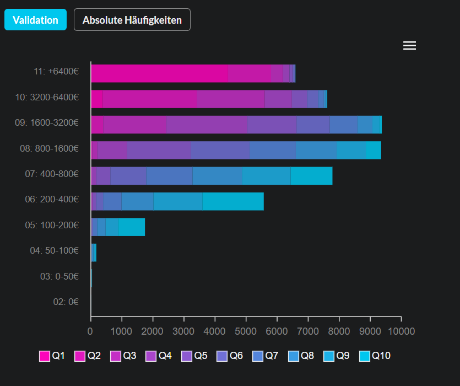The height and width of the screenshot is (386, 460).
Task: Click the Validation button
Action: (x=35, y=20)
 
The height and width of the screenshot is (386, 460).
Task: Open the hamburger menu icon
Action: (x=409, y=46)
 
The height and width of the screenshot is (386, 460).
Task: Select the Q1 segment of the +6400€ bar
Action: (x=160, y=73)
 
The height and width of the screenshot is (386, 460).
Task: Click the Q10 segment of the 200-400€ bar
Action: (x=233, y=201)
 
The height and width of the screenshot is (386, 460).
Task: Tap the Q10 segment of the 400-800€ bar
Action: (x=312, y=176)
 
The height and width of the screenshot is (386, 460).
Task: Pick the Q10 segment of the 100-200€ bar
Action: (x=132, y=227)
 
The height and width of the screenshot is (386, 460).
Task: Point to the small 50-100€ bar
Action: (x=94, y=253)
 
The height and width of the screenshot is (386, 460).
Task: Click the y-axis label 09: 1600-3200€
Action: (x=47, y=122)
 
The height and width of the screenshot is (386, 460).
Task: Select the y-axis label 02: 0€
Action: (x=66, y=302)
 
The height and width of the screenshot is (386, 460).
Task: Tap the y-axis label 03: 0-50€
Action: (x=59, y=276)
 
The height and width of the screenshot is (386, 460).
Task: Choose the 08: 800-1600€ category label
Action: (x=49, y=148)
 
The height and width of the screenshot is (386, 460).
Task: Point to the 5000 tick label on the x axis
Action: (x=246, y=331)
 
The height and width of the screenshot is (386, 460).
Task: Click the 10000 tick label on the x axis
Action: (x=401, y=331)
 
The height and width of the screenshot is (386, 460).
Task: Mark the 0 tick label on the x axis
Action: (x=90, y=331)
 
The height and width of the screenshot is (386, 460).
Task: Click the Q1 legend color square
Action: (x=45, y=356)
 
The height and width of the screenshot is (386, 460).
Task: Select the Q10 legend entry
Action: (x=375, y=356)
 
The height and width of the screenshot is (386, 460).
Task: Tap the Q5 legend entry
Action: (x=194, y=356)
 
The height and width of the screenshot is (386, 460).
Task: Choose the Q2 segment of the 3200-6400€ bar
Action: (x=150, y=99)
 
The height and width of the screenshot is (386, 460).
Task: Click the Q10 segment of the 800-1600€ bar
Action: (x=374, y=150)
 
